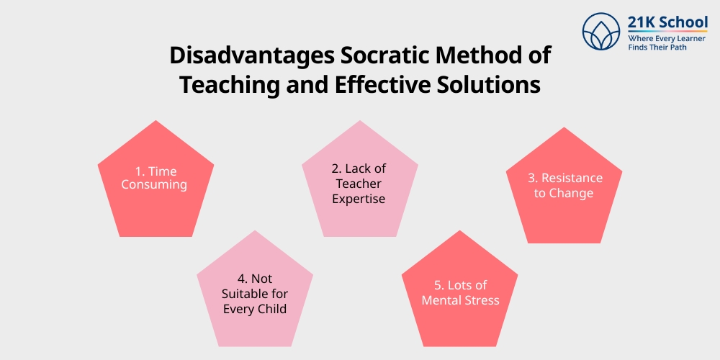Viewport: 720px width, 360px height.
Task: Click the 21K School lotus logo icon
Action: (602, 32)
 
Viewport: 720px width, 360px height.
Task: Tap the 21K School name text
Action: (667, 22)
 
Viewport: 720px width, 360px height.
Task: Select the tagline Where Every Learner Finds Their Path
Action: (667, 42)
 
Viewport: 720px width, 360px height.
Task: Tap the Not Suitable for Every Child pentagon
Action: (255, 291)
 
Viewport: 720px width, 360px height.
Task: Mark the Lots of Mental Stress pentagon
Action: (459, 294)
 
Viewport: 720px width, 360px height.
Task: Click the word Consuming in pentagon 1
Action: (154, 185)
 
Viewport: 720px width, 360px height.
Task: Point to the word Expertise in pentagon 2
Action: (359, 198)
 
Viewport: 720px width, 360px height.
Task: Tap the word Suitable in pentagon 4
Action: (245, 294)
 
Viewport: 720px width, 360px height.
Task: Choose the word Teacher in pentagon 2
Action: (359, 183)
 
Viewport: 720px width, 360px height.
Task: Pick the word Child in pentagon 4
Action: (271, 309)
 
